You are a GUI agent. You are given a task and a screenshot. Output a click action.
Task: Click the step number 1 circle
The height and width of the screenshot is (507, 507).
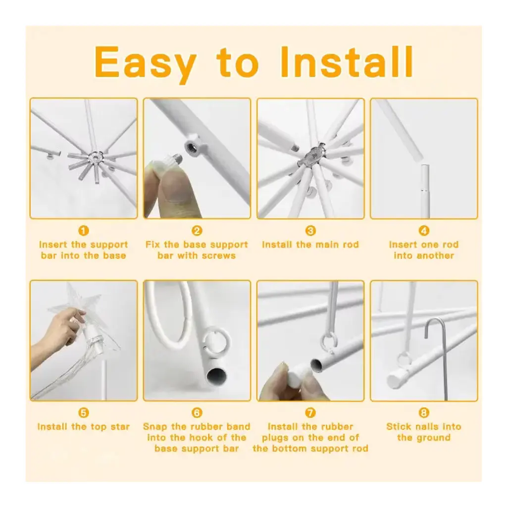[x=83, y=231]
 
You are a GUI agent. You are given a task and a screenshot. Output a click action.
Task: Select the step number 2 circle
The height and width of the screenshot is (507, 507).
[x=197, y=231]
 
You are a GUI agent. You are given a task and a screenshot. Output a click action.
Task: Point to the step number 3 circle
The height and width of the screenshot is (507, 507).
[x=310, y=231]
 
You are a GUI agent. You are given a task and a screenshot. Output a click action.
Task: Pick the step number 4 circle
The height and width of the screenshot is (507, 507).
[x=424, y=231]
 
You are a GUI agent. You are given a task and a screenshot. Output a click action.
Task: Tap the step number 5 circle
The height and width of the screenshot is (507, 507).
[x=83, y=412]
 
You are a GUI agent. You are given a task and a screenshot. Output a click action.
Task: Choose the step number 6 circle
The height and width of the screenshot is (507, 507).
[x=197, y=412]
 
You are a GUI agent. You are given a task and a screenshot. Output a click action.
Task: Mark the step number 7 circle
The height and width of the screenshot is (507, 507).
[x=310, y=412]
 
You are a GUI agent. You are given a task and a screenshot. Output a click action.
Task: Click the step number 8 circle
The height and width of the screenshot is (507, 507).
[x=424, y=412]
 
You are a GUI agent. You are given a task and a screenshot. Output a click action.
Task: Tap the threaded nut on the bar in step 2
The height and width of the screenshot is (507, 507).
[x=193, y=147]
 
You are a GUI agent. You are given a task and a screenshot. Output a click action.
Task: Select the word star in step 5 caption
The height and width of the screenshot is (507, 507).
[x=120, y=427]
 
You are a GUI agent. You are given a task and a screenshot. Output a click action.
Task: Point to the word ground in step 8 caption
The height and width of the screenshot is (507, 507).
[x=432, y=438]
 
